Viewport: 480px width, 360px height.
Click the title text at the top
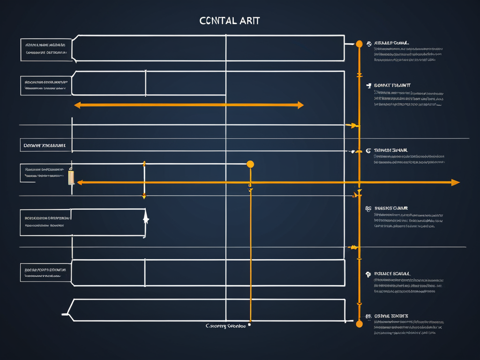(229, 21)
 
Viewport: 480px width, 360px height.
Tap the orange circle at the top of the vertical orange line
(359, 44)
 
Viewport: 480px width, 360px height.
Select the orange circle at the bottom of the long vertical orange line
(359, 323)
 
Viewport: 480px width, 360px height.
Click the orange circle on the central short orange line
(250, 164)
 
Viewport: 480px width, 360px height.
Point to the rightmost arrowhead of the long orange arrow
(455, 182)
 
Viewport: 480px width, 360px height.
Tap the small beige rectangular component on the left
(71, 177)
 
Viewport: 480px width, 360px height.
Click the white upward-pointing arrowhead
(146, 218)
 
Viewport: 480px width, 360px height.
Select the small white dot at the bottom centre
(249, 324)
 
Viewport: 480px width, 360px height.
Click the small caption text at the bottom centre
(225, 326)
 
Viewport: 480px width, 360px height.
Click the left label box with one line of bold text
(45, 146)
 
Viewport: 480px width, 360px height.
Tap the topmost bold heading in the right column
(391, 43)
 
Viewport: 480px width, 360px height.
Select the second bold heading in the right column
(392, 85)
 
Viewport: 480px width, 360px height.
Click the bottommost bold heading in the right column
(391, 316)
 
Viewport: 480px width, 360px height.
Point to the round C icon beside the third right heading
(368, 151)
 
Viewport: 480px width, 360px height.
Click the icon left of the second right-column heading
(369, 86)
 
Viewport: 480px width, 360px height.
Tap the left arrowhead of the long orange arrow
(80, 182)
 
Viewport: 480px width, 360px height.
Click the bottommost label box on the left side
(45, 273)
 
